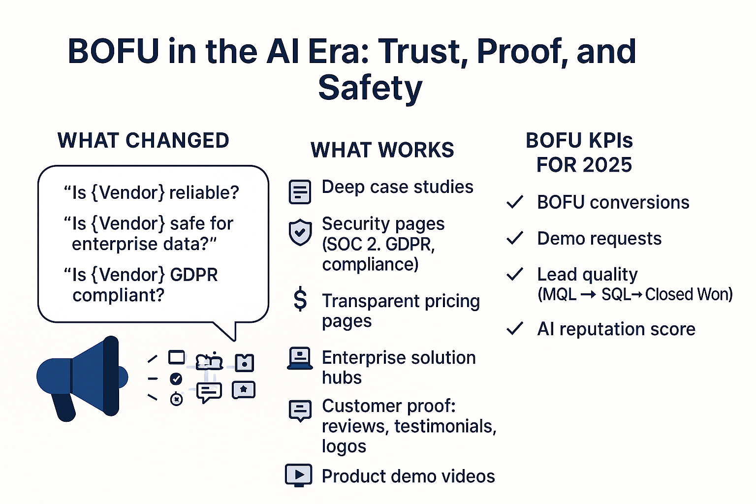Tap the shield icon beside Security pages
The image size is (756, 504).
pos(300,232)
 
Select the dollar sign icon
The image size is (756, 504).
pos(300,300)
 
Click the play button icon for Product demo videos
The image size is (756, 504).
pos(299,475)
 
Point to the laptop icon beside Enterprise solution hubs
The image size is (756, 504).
pos(300,358)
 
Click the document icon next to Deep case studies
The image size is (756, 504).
pos(300,191)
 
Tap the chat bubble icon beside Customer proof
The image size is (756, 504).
pos(300,410)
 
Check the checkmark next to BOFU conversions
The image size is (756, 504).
pos(515,202)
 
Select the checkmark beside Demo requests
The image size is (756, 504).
pos(515,238)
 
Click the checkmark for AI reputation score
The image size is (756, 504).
pos(515,328)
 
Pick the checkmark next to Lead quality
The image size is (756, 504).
pos(515,274)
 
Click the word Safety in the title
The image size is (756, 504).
pos(370,88)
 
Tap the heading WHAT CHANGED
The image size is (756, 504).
pos(143,141)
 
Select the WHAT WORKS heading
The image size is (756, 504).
pos(382,150)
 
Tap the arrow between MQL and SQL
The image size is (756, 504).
pos(588,295)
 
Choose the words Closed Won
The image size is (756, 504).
pos(689,294)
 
